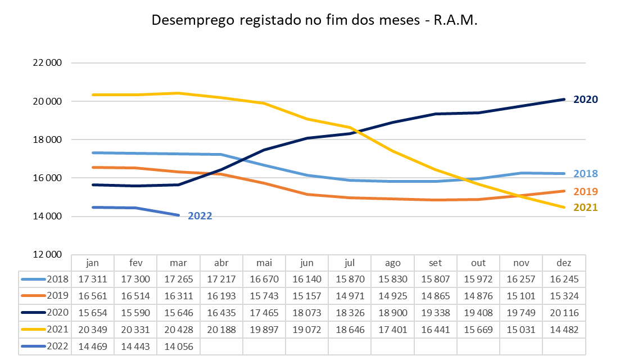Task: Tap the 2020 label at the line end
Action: point(585,100)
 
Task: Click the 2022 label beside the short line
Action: point(200,215)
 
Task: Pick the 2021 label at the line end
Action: point(585,208)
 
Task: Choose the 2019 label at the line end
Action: point(585,191)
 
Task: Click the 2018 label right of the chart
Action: point(585,174)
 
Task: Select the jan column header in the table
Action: point(93,263)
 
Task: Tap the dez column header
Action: point(564,263)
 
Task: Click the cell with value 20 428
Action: point(178,330)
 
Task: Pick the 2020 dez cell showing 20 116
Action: point(564,313)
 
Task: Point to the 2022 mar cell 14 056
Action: point(178,346)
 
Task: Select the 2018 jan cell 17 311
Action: point(93,279)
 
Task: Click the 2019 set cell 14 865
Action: point(435,296)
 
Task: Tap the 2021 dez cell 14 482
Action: point(564,330)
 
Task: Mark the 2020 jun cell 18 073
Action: point(307,313)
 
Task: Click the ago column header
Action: point(392,263)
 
